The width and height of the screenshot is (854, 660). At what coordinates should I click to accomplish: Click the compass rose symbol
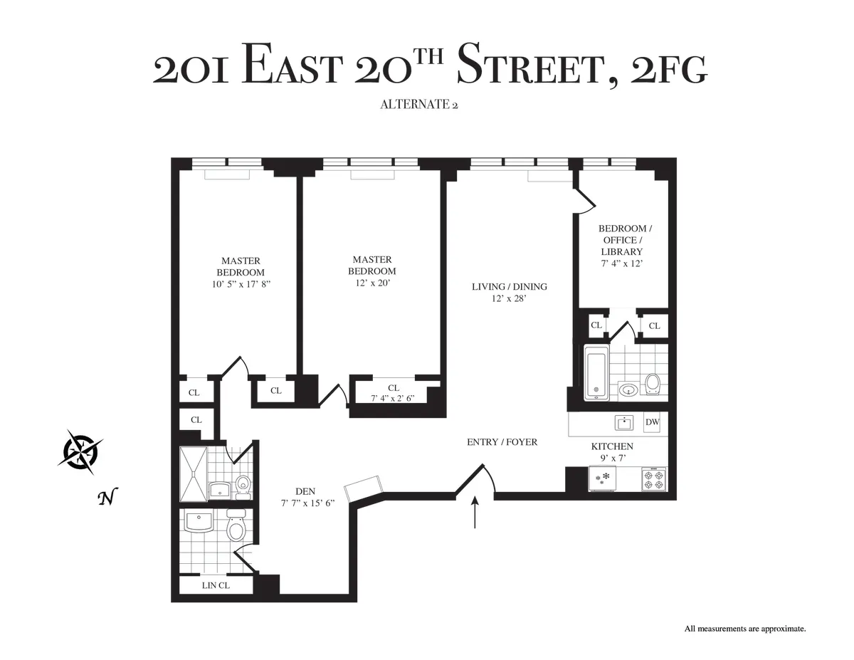point(80,451)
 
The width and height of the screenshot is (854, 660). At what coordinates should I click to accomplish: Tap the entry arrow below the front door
point(475,513)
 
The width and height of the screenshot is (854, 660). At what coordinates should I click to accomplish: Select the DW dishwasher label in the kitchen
point(652,422)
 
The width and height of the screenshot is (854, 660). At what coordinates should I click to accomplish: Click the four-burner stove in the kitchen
point(653,478)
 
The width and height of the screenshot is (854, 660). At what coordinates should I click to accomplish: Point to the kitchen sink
point(624,423)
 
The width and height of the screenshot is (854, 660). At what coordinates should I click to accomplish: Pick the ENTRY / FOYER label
point(502,442)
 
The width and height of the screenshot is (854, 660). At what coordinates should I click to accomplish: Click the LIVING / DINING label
point(509,287)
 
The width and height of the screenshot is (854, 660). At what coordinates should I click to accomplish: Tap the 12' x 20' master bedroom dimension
point(371,283)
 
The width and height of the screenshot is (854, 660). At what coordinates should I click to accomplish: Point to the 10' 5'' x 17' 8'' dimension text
point(241,284)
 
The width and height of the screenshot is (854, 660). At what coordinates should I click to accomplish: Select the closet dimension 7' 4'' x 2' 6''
point(393,399)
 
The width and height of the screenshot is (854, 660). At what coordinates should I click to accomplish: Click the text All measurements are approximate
point(744,629)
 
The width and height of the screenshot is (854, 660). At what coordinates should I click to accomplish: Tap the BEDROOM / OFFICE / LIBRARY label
point(623,240)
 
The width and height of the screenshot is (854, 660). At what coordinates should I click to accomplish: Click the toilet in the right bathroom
point(653,384)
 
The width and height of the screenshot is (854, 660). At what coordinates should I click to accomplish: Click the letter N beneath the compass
point(107,498)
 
